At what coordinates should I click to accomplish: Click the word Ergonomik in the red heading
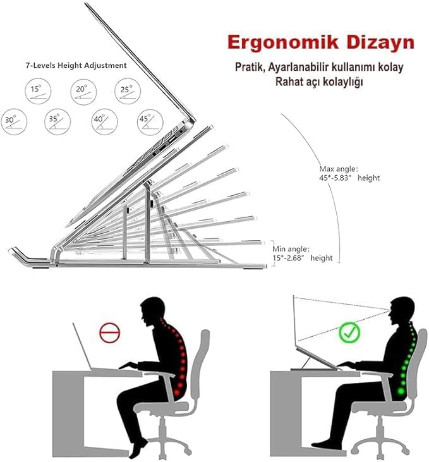282,43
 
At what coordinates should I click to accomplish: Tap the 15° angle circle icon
38,91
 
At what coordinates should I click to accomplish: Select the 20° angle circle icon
83,92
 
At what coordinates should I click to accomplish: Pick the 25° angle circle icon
128,92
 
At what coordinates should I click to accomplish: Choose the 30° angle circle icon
14,122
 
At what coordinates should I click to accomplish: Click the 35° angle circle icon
57,122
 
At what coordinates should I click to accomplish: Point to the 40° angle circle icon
104,122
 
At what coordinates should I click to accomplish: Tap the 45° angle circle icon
150,122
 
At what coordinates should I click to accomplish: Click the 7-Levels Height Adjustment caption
76,65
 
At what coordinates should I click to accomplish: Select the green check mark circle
349,332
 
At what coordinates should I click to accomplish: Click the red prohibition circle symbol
110,332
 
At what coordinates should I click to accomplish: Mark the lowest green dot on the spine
401,392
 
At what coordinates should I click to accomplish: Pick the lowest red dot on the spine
178,392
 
